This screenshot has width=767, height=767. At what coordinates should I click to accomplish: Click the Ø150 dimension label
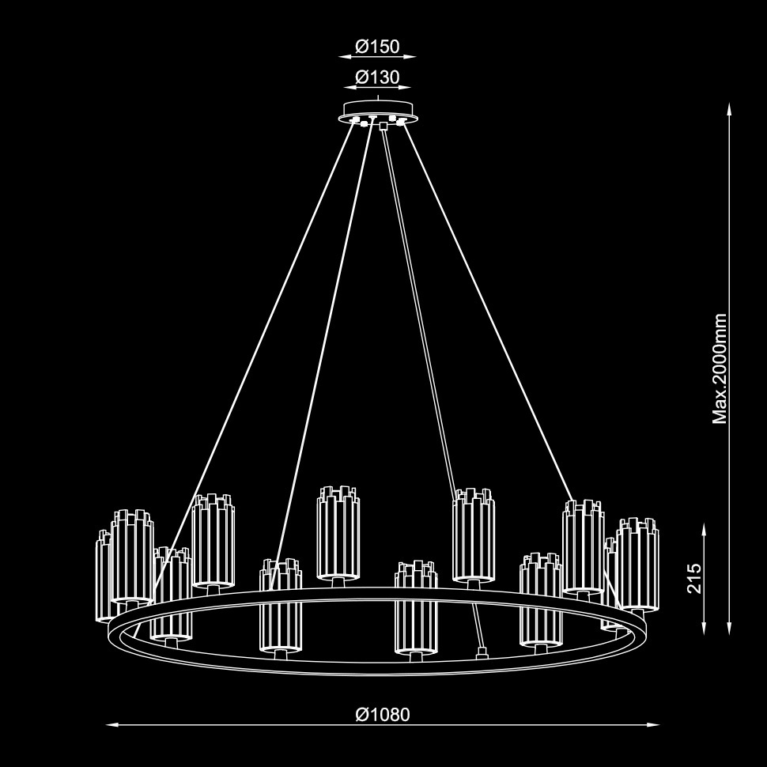377,47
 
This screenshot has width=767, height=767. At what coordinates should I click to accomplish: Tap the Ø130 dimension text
377,77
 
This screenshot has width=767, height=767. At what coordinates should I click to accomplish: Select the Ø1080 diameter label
383,715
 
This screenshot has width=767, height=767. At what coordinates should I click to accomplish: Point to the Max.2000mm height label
720,368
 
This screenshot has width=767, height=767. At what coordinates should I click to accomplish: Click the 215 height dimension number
694,578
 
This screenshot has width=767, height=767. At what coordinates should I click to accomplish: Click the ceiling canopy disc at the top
378,111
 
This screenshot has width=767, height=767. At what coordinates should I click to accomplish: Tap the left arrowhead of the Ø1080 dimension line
112,724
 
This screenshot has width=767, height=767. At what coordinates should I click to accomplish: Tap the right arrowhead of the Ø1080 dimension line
653,724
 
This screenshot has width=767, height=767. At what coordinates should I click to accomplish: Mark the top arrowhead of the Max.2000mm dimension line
729,109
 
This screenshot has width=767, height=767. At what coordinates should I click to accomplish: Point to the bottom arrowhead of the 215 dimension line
704,629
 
